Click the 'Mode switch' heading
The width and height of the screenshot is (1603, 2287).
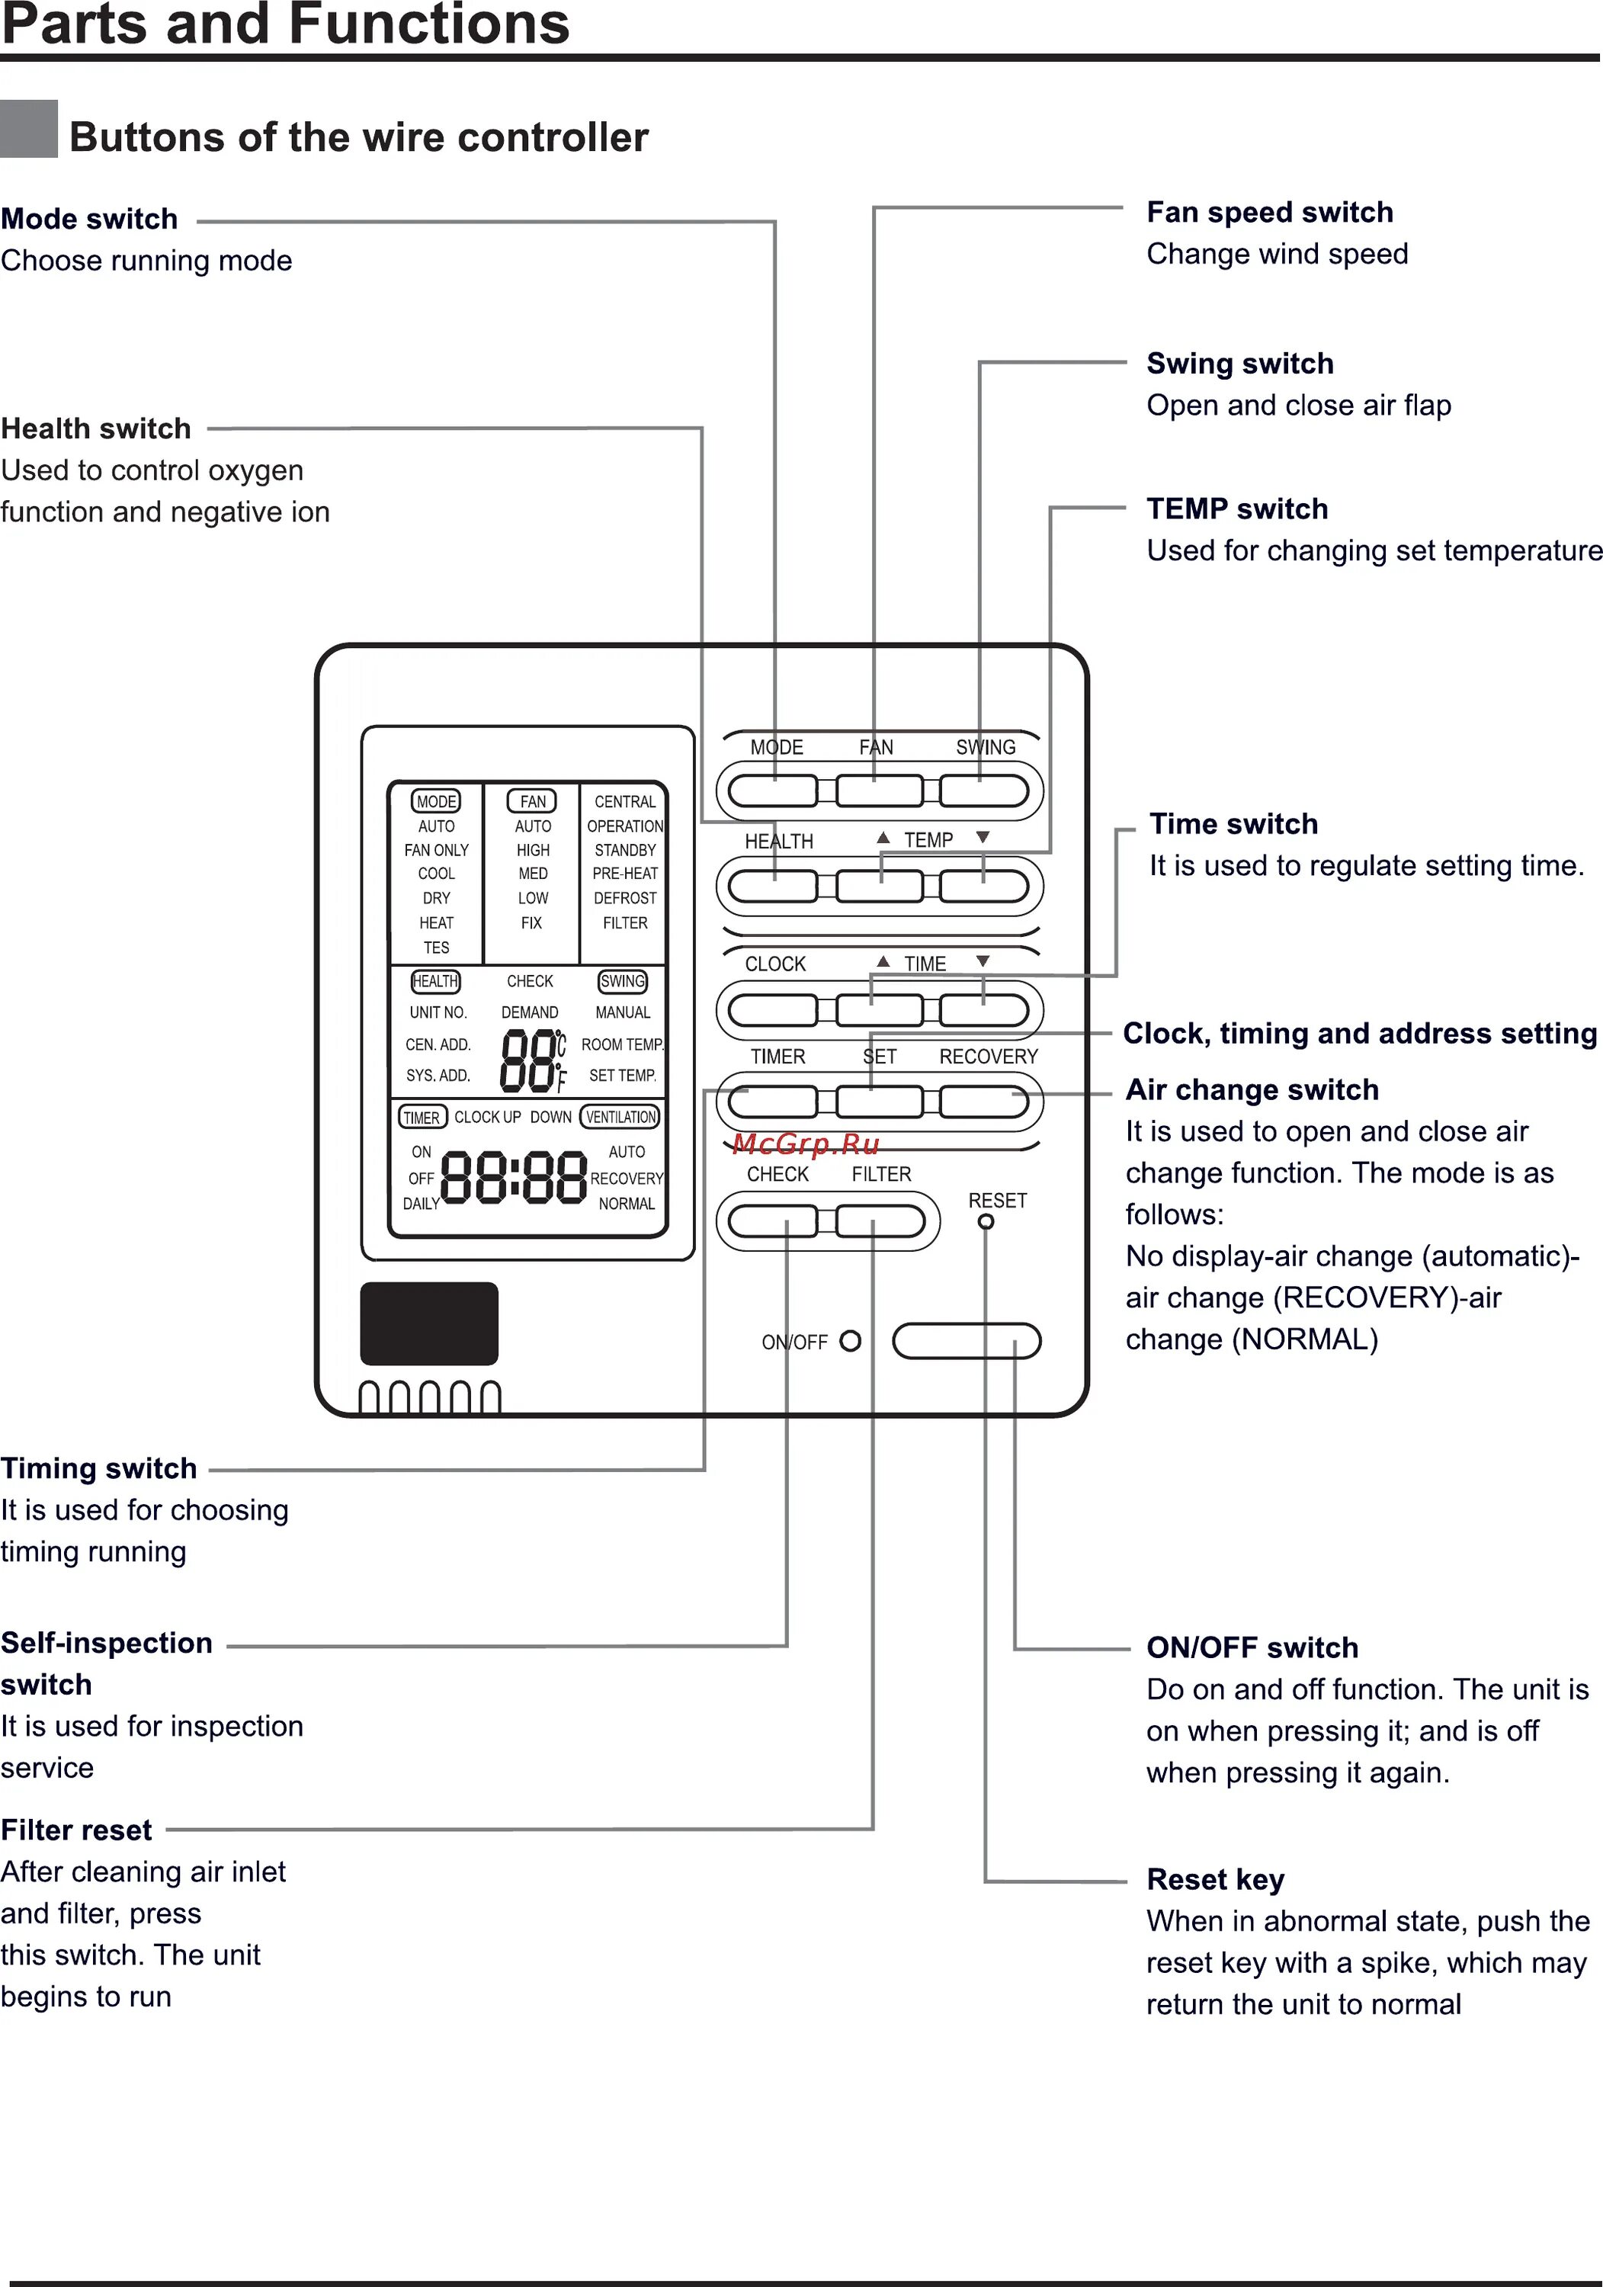[90, 219]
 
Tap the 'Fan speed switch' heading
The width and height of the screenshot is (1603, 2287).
[1269, 212]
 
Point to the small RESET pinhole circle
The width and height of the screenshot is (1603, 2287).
[986, 1222]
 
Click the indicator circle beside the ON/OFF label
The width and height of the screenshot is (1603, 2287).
[850, 1341]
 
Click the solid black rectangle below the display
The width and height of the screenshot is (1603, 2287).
[428, 1323]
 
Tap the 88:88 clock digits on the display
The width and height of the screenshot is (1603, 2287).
[513, 1177]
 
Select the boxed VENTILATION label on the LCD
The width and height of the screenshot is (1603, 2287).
[620, 1117]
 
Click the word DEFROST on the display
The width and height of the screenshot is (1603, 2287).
[625, 897]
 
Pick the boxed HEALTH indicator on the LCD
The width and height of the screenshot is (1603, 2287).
[435, 981]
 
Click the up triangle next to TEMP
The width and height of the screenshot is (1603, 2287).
[883, 838]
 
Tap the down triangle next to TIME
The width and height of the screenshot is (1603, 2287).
[983, 961]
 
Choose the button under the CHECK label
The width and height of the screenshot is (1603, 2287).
[772, 1220]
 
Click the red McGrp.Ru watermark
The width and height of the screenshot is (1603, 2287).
[805, 1143]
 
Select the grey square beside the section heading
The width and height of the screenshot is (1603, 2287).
[29, 129]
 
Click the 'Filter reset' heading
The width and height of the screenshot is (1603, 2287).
[77, 1830]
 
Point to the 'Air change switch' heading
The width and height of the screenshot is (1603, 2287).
[1252, 1089]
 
